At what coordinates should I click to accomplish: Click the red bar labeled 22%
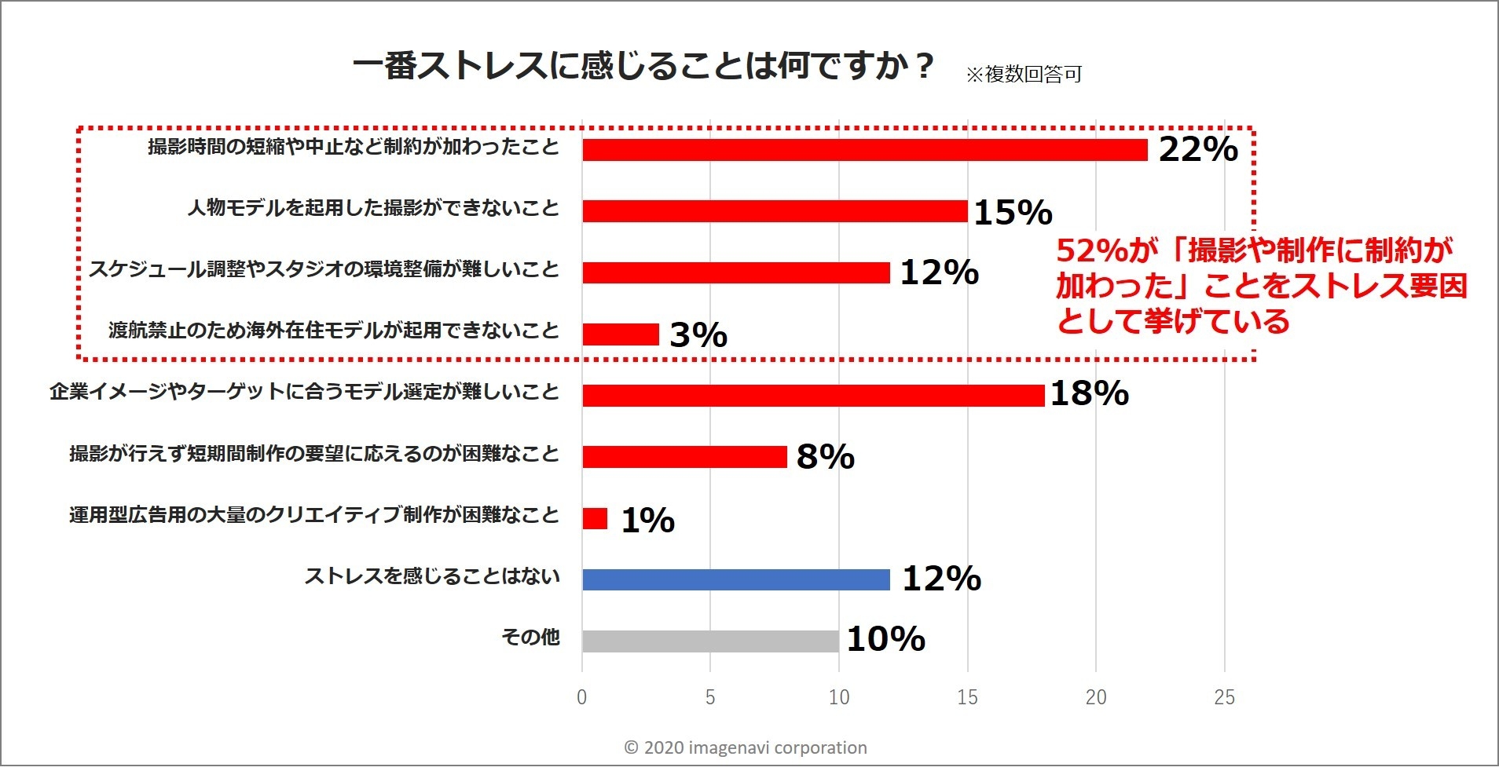pyautogui.click(x=864, y=150)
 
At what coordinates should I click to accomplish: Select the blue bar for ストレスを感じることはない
pyautogui.click(x=735, y=579)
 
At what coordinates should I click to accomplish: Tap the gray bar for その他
pyautogui.click(x=710, y=641)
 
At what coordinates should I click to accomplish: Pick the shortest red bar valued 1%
pyautogui.click(x=595, y=518)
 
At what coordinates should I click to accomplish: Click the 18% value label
pyautogui.click(x=1089, y=393)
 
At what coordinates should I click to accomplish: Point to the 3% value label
pyautogui.click(x=698, y=335)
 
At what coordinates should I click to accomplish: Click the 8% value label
pyautogui.click(x=825, y=457)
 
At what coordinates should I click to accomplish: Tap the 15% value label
pyautogui.click(x=1013, y=213)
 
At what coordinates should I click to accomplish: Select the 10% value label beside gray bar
pyautogui.click(x=885, y=639)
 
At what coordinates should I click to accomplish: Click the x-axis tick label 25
pyautogui.click(x=1224, y=697)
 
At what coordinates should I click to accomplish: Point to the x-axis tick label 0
pyautogui.click(x=581, y=697)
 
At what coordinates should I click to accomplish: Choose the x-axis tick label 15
pyautogui.click(x=967, y=697)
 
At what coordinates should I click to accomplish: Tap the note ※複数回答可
pyautogui.click(x=1023, y=75)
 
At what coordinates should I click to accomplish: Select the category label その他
pyautogui.click(x=530, y=637)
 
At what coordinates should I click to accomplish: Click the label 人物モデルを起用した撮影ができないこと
pyautogui.click(x=373, y=209)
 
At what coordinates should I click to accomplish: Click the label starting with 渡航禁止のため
pyautogui.click(x=334, y=331)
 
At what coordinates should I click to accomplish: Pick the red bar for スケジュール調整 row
pyautogui.click(x=735, y=272)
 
